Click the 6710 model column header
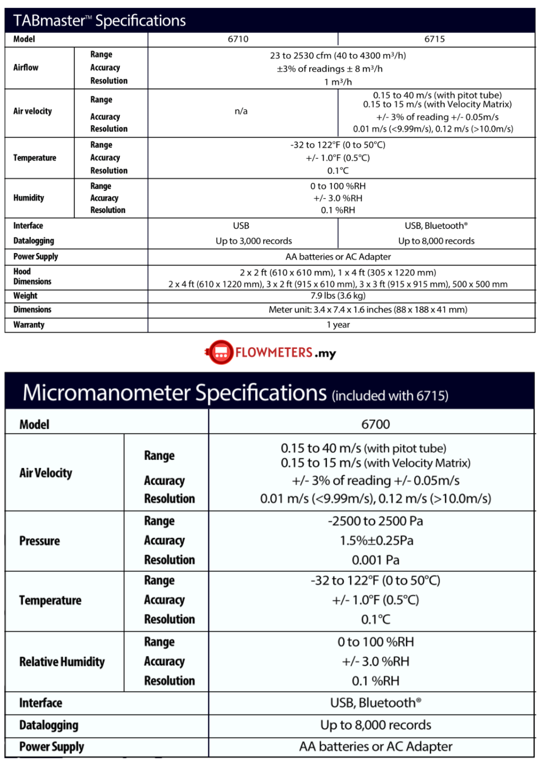[238, 39]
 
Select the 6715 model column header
[434, 39]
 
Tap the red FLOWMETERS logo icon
[220, 352]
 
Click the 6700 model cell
[375, 424]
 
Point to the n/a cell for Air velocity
[241, 111]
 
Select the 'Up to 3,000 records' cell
[253, 241]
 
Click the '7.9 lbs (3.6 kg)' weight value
[338, 295]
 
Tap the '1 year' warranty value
[338, 324]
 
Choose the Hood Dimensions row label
[32, 276]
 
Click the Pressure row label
[39, 541]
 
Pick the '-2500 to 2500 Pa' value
[375, 521]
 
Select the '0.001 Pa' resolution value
[375, 560]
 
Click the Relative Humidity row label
[62, 662]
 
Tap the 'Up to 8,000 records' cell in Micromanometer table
[375, 725]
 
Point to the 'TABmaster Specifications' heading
[99, 20]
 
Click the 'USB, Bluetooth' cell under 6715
[436, 225]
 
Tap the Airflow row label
[26, 67]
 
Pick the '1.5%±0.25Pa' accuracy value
[376, 540]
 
